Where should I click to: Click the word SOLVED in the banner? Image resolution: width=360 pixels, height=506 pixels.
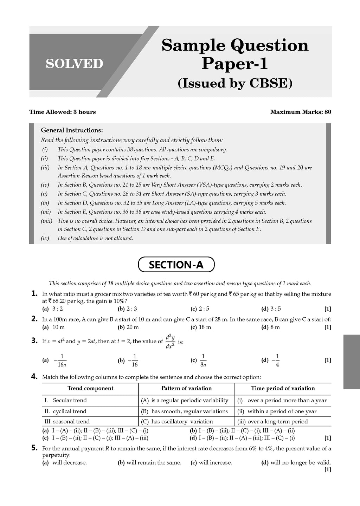(x=74, y=64)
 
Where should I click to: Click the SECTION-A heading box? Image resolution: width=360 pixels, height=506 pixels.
(x=176, y=265)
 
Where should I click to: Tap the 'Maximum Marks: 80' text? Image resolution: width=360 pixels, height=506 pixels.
(x=301, y=112)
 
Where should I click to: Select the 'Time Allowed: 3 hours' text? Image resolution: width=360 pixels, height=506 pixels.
(x=63, y=112)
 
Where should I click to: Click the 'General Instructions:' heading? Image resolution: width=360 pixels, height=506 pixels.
(x=72, y=130)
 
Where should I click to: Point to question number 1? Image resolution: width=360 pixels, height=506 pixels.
(x=34, y=293)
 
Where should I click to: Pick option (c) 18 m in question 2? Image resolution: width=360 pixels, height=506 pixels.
(x=201, y=327)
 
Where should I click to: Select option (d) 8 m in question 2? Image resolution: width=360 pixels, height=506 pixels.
(x=271, y=327)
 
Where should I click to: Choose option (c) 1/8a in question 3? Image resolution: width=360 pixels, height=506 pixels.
(x=199, y=360)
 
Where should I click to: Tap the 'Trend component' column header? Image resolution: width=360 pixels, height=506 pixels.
(x=90, y=388)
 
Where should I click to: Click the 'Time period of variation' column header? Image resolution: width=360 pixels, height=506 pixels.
(x=283, y=388)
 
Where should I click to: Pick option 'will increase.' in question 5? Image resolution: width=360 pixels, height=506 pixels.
(x=211, y=462)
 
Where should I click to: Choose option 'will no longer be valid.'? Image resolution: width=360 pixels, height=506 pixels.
(x=296, y=462)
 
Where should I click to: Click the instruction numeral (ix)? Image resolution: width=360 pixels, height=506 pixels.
(x=45, y=238)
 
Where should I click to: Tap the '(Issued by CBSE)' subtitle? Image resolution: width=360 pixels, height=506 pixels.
(x=235, y=83)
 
